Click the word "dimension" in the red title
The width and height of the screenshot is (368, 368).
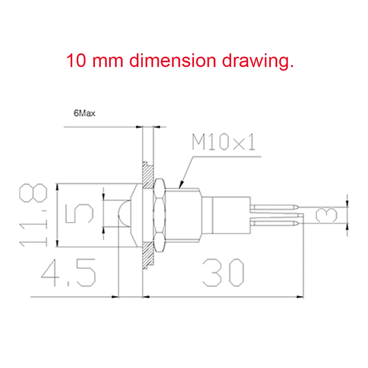[173, 61]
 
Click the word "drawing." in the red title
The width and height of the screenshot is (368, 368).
[258, 61]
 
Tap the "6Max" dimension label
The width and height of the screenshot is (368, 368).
[84, 113]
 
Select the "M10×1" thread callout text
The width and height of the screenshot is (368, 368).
[223, 142]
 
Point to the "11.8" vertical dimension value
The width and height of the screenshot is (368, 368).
[33, 215]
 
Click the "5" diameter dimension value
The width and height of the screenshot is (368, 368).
[79, 213]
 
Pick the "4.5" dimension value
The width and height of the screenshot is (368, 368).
[68, 273]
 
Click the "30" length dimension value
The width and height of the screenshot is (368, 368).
[223, 273]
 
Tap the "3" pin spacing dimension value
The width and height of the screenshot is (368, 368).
[326, 215]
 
